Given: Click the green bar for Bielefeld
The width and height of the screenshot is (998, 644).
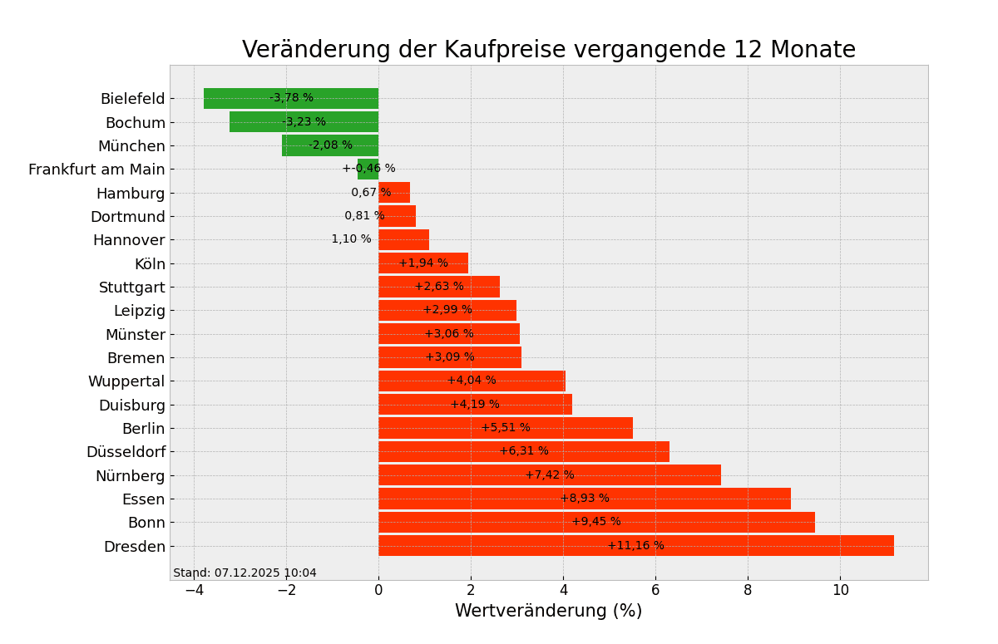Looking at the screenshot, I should [241, 98].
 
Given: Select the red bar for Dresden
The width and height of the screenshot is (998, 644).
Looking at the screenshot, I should [748, 546].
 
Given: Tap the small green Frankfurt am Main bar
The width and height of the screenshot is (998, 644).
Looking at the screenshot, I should [368, 169].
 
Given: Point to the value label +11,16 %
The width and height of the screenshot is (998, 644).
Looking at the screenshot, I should [635, 546].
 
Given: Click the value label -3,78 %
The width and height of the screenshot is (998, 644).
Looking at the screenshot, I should [291, 98].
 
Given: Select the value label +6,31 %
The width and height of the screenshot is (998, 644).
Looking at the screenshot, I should [524, 451].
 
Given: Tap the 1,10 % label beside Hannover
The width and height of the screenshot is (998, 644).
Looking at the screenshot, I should [351, 239].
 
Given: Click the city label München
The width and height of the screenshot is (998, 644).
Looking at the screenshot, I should [131, 146].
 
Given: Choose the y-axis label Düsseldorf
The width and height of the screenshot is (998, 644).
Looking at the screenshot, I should [126, 452].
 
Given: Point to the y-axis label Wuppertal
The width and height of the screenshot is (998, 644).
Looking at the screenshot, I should [126, 381].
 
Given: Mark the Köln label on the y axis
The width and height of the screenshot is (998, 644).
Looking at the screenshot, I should [150, 264].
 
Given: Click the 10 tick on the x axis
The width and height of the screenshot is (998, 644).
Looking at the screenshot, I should [840, 590].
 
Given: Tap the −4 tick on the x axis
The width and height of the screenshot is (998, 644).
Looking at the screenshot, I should [194, 590].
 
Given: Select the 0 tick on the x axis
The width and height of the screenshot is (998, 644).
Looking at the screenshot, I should [378, 590].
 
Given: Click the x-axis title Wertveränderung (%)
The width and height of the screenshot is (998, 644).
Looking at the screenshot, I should [548, 612].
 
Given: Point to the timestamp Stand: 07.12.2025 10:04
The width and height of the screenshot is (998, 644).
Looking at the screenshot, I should [245, 573].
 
